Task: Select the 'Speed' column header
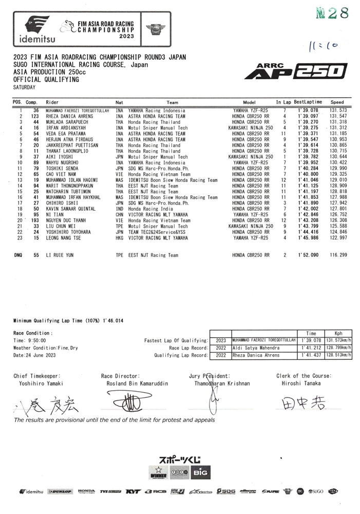[337, 102]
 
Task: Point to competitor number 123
[35, 117]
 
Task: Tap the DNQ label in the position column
[18, 255]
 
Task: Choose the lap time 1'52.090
[308, 255]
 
